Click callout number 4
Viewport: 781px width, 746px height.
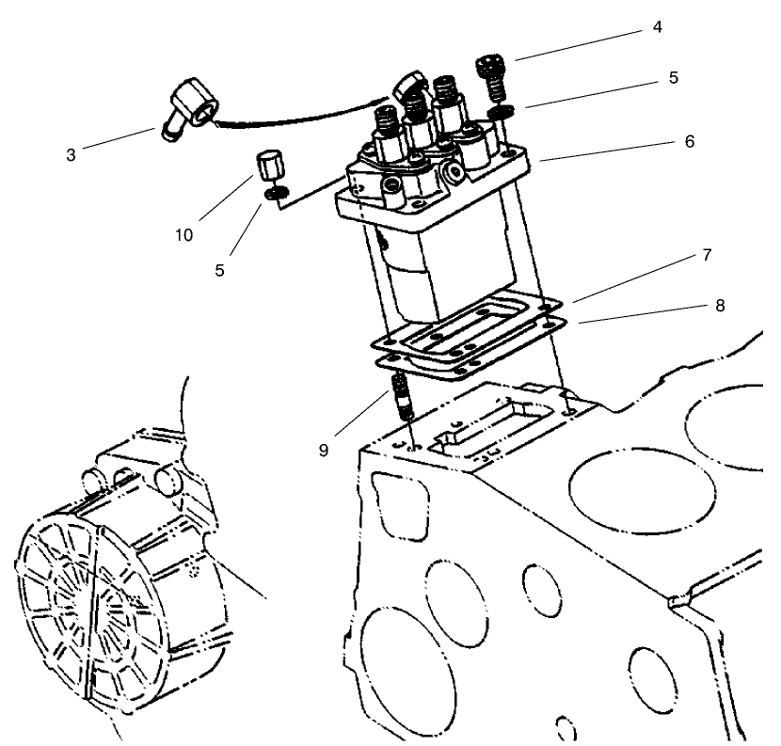(657, 27)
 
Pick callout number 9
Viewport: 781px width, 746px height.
(323, 451)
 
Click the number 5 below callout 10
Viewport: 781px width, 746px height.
(219, 269)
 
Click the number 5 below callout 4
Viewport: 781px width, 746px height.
(673, 78)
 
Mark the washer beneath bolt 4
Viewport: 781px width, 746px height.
(501, 113)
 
